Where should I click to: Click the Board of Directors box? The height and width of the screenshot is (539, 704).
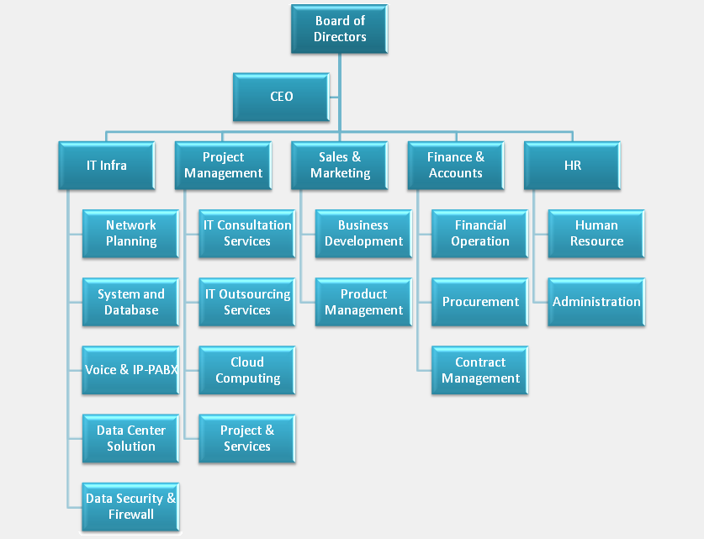click(340, 29)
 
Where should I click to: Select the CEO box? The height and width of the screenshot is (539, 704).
click(282, 97)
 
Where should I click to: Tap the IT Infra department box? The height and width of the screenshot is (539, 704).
click(107, 165)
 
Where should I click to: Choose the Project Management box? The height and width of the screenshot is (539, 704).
click(223, 165)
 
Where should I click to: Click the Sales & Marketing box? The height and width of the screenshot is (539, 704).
click(340, 165)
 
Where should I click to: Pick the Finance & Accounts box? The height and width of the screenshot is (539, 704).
click(456, 165)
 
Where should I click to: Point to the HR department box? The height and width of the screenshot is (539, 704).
click(572, 165)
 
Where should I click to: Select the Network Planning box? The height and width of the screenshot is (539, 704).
click(130, 233)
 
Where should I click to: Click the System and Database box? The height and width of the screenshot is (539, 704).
click(130, 302)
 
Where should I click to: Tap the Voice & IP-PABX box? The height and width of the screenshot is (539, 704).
click(130, 370)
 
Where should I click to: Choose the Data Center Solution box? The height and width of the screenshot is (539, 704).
click(130, 438)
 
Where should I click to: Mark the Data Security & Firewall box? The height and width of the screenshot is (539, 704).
click(130, 506)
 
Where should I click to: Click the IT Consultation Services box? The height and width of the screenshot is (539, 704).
click(247, 233)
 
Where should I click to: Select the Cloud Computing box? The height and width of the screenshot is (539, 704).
click(247, 370)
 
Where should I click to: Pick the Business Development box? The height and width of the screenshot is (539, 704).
click(363, 233)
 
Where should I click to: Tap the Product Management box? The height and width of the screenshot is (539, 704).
click(363, 302)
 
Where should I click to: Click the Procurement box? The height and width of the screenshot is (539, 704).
click(480, 302)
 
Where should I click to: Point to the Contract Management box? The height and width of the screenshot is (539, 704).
click(480, 370)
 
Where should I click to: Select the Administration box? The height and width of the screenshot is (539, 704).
click(596, 302)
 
